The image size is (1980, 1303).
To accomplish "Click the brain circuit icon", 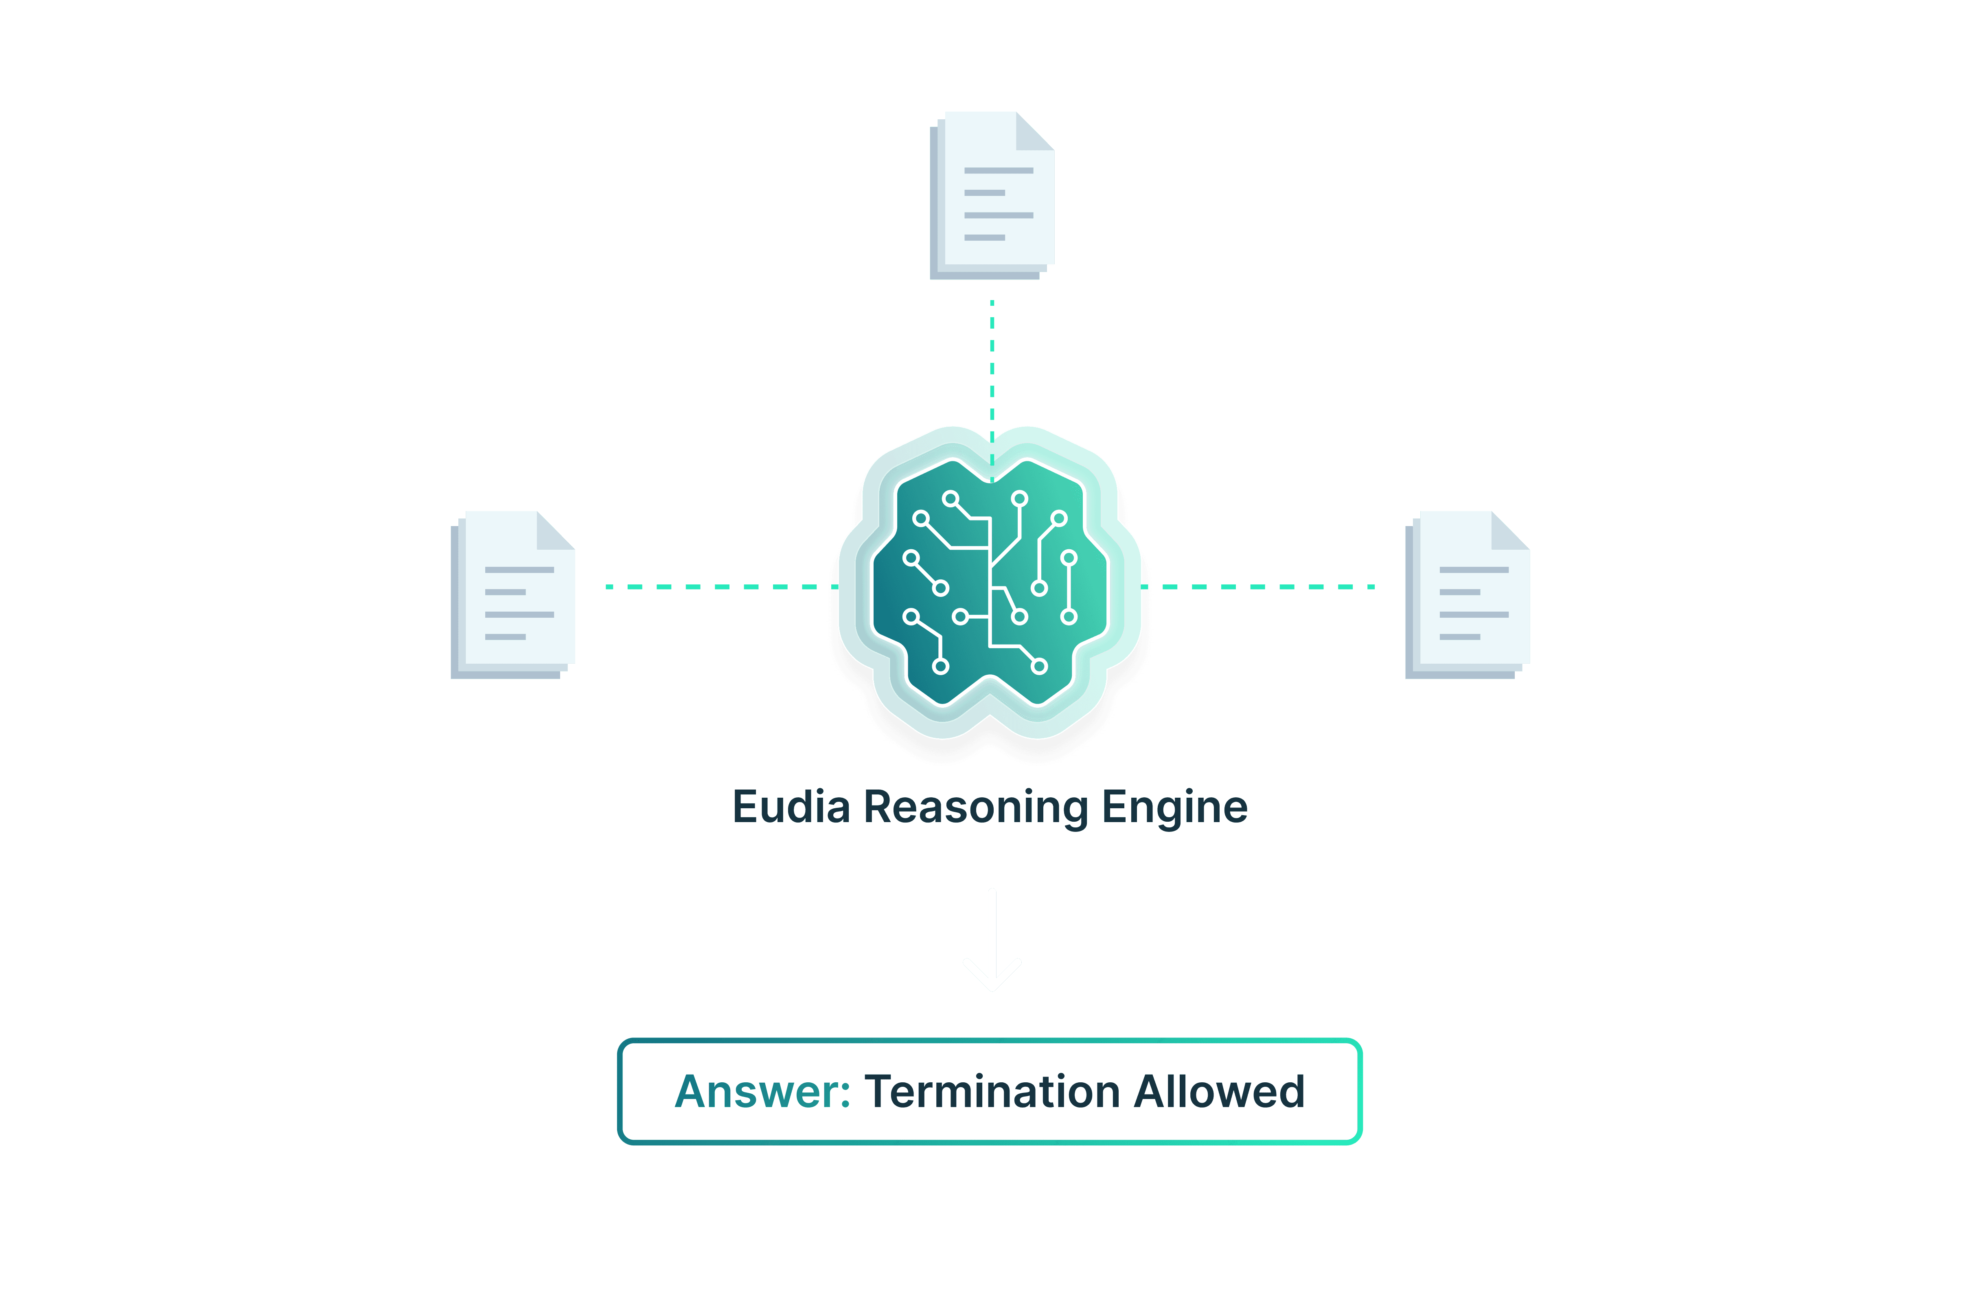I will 990,582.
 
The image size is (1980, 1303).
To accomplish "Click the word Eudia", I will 791,807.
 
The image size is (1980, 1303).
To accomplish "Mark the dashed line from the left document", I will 716,587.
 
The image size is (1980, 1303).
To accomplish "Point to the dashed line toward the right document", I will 1260,587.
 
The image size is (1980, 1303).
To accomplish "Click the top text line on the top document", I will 998,171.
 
